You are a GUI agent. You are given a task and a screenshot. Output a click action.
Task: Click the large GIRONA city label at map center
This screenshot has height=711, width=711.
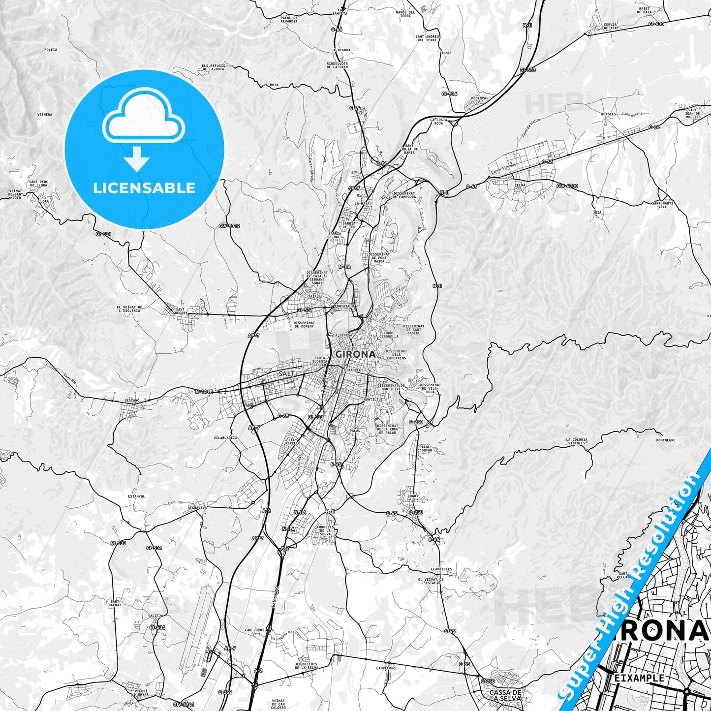pyautogui.click(x=355, y=354)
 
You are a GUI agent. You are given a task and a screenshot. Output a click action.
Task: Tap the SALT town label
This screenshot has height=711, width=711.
pyautogui.click(x=287, y=374)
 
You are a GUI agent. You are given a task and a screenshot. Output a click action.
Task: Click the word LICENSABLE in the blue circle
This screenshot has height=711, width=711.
pyautogui.click(x=144, y=188)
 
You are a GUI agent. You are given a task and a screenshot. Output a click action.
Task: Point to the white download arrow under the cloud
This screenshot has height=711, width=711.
pyautogui.click(x=137, y=160)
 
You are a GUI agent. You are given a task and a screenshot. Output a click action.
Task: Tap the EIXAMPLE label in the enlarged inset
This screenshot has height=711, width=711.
pyautogui.click(x=639, y=678)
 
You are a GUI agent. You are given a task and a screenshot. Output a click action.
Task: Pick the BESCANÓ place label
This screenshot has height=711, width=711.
pyautogui.click(x=131, y=401)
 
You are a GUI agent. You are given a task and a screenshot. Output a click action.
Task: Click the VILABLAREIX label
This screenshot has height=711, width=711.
pyautogui.click(x=225, y=437)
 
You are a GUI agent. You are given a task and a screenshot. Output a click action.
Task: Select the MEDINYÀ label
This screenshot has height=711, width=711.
pyautogui.click(x=478, y=98)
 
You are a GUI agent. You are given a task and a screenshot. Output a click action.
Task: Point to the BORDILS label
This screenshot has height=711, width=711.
pyautogui.click(x=608, y=114)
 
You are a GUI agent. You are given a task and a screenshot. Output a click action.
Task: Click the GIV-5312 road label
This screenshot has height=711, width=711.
pyautogui.click(x=229, y=226)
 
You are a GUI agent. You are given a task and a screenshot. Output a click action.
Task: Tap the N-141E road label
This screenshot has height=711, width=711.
pyautogui.click(x=204, y=392)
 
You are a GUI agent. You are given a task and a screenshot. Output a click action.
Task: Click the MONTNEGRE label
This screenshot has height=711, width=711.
pyautogui.click(x=666, y=440)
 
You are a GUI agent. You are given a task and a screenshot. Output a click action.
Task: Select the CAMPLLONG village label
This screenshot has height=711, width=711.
pyautogui.click(x=386, y=668)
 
